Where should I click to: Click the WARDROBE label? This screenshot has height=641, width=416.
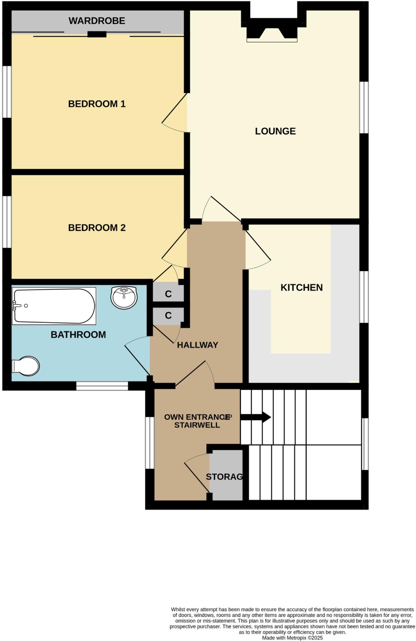tap(97, 21)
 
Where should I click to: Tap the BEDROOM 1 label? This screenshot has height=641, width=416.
tap(97, 104)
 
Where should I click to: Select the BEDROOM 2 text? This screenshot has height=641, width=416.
tap(97, 228)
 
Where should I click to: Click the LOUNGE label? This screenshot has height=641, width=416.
tap(275, 131)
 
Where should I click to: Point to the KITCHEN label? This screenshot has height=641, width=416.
tap(301, 288)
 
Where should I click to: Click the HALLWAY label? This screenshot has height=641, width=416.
tap(198, 345)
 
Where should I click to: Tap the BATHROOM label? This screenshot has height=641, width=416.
tap(78, 335)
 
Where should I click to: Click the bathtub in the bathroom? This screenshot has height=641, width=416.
tap(54, 306)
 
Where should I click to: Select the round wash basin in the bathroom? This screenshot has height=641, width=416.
tap(124, 297)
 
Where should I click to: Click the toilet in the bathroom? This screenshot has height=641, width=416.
tap(27, 366)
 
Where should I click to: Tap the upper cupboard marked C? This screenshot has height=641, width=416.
tap(168, 294)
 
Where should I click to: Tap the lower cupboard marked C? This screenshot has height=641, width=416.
tap(168, 315)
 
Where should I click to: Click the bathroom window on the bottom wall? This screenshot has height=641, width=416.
tap(102, 386)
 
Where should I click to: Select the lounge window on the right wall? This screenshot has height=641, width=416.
tap(364, 107)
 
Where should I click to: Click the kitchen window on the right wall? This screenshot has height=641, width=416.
tap(364, 297)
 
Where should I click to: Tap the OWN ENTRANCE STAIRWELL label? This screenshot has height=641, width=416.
tap(197, 421)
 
